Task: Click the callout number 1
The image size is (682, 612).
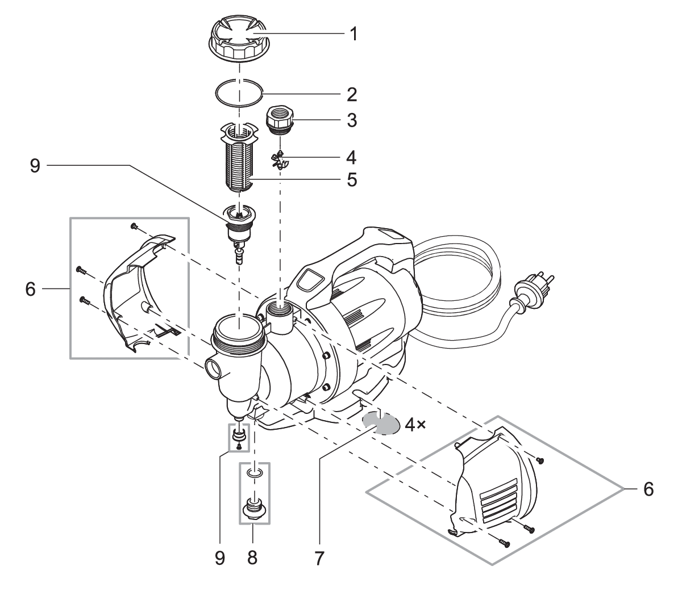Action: pos(353,35)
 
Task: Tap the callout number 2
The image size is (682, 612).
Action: pos(352,94)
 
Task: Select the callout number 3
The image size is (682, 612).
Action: pos(352,120)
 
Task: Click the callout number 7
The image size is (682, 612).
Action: pos(319,557)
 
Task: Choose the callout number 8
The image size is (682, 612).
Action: pos(252,557)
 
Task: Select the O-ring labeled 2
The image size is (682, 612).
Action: pos(239,94)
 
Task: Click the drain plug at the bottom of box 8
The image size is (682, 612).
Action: pos(253,507)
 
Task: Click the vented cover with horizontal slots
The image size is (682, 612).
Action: pos(494,483)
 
